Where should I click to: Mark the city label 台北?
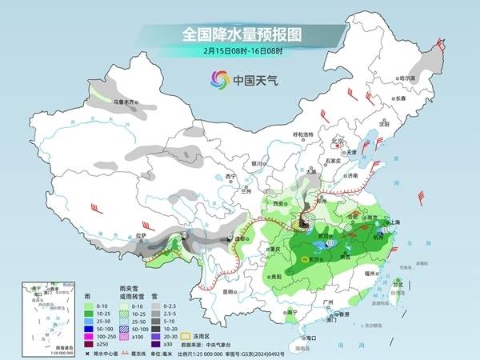397,282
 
